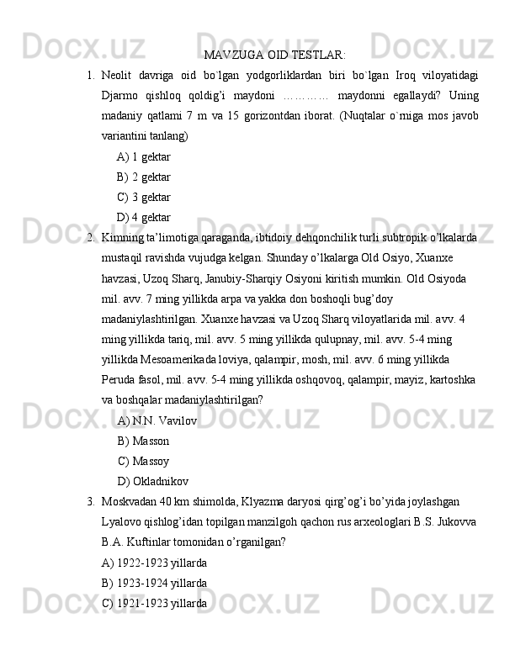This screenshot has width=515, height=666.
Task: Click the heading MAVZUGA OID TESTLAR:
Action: click(274, 56)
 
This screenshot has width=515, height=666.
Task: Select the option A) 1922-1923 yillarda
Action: click(153, 562)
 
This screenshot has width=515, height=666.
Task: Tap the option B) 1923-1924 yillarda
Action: click(153, 582)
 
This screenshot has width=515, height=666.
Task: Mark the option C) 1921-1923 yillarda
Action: click(153, 602)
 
